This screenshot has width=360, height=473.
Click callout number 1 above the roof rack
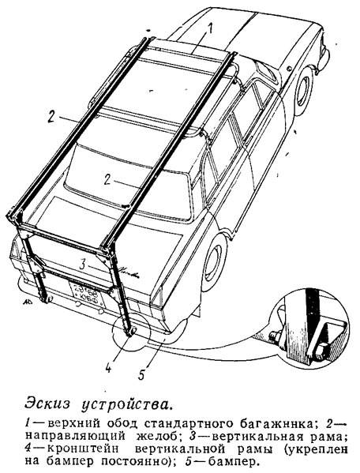click(210, 28)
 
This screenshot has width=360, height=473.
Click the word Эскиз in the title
click(47, 404)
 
